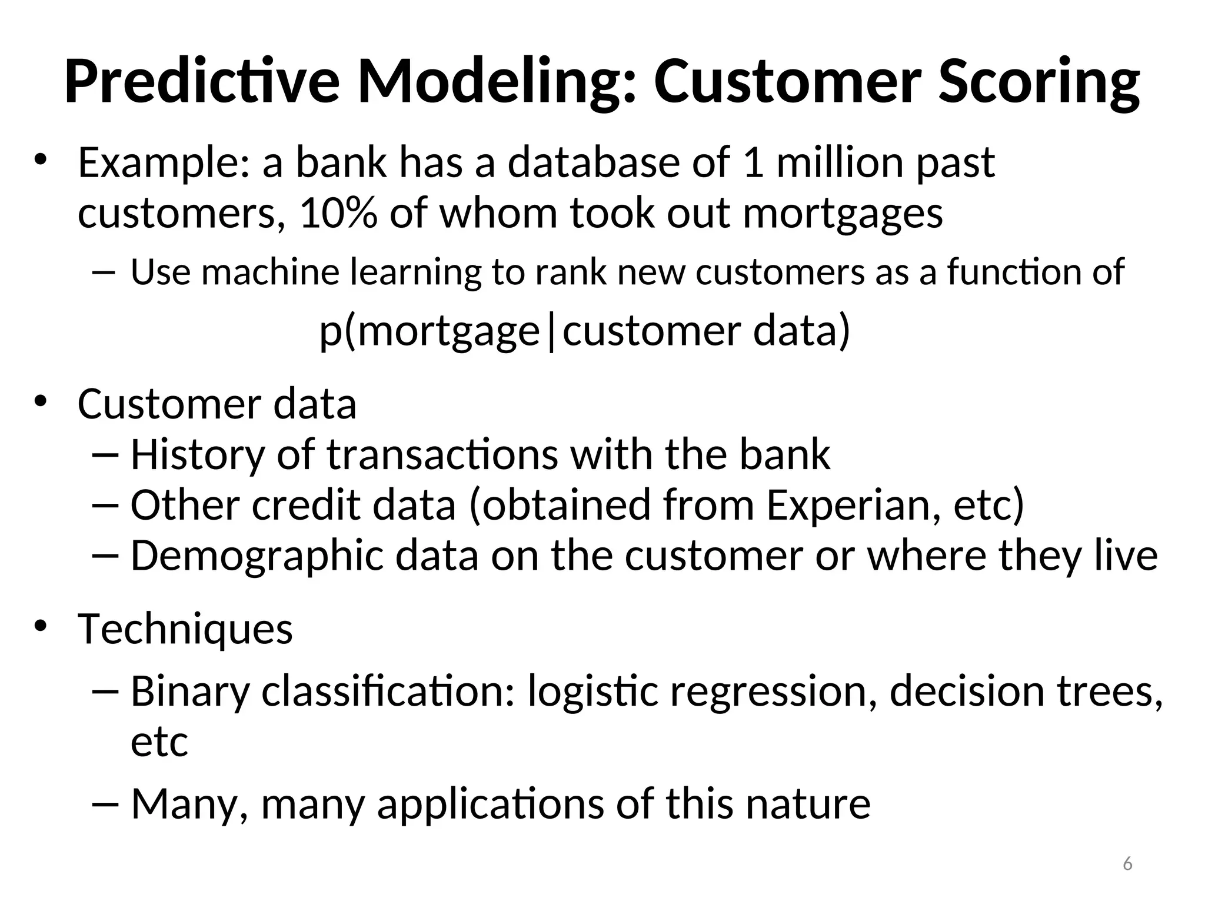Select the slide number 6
coord(1127,864)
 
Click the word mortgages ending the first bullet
coord(843,213)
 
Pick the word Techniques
coord(185,629)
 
